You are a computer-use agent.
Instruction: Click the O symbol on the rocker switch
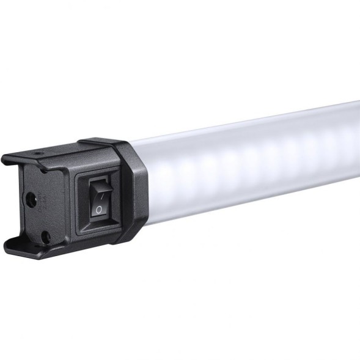point(99,209)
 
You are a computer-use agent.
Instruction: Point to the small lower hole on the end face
point(44,235)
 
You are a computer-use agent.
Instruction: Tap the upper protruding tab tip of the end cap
point(7,161)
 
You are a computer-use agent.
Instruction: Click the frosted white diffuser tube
point(257,159)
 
